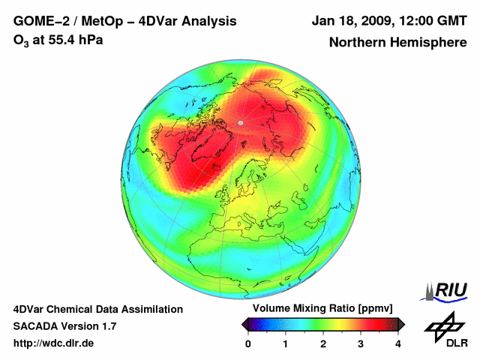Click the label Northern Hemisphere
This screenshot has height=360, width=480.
coord(397,43)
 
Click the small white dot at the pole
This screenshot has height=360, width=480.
coord(240,122)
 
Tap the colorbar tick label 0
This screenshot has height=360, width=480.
coord(248,343)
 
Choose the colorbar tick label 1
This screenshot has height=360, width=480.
coord(286,343)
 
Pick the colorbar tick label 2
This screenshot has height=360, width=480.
coord(323,343)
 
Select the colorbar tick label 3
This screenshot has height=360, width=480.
coord(361,343)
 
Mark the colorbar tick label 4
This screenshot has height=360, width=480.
coord(398,343)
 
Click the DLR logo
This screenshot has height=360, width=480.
coord(446,330)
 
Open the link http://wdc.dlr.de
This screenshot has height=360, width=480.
coord(54,343)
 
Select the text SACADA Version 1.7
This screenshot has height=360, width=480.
coord(64,326)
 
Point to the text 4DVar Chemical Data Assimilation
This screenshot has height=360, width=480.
coord(97,309)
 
